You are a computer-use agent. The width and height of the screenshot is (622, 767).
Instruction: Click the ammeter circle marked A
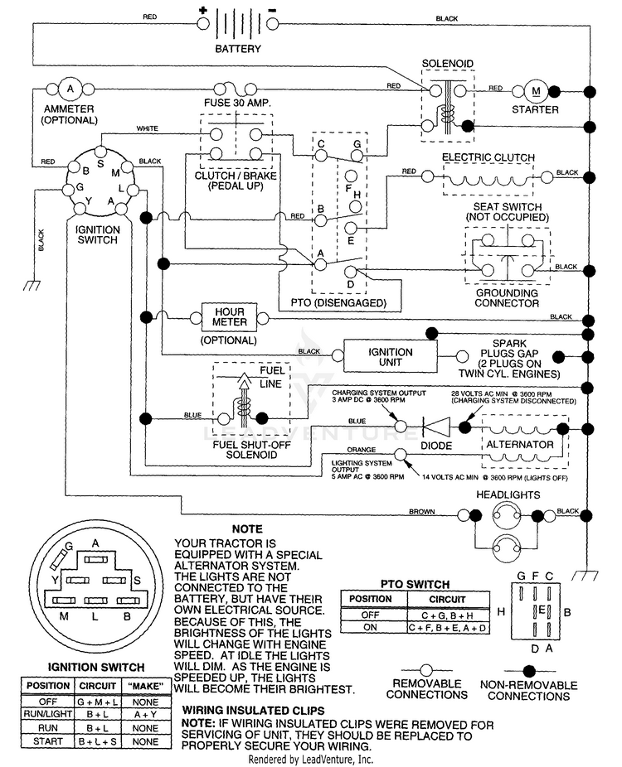70,89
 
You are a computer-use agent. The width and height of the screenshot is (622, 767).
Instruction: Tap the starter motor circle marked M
536,91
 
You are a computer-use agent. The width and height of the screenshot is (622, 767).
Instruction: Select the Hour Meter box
230,317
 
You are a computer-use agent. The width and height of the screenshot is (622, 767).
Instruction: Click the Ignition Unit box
391,357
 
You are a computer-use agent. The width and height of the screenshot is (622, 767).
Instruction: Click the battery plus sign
202,10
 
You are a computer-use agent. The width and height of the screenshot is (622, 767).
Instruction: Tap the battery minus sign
273,10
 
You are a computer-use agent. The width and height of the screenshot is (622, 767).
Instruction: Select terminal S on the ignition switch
100,151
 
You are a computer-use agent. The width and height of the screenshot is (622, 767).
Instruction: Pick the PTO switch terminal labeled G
357,156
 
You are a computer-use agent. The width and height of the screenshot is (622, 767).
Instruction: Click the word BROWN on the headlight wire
421,512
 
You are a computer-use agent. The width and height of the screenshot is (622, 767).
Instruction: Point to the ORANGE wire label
362,450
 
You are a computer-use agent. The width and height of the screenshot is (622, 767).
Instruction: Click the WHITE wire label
147,128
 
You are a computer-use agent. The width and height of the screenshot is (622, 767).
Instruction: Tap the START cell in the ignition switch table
48,741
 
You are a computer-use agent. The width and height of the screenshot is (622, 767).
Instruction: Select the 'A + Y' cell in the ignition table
145,715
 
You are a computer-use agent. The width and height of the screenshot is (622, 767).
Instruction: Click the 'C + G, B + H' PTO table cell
448,615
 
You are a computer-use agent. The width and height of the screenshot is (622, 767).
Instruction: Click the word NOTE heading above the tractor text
247,528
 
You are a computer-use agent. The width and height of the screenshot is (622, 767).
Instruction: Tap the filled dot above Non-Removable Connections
529,671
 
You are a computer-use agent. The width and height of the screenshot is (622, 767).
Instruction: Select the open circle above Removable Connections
426,670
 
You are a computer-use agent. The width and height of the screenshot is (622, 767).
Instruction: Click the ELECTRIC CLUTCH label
488,157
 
